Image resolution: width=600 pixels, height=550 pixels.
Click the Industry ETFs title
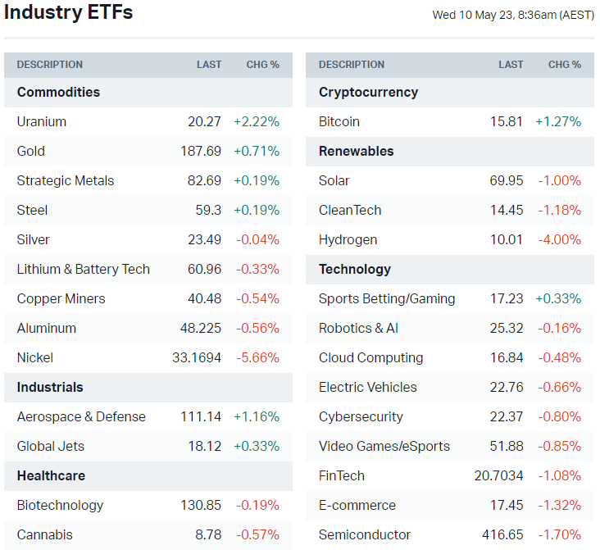(68, 13)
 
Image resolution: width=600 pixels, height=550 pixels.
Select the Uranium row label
(42, 121)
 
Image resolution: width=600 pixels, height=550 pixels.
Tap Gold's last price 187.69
(201, 151)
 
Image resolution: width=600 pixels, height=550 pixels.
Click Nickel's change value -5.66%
(257, 357)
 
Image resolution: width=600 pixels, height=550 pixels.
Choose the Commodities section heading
(58, 92)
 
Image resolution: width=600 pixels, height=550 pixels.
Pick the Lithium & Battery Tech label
(84, 269)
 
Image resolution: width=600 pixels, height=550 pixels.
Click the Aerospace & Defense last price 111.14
(201, 416)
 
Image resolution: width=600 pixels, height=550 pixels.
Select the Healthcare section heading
(51, 475)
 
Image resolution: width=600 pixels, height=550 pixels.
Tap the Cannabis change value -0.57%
(257, 534)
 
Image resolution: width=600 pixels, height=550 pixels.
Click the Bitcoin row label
(339, 121)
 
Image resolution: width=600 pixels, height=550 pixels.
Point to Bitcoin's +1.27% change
(558, 121)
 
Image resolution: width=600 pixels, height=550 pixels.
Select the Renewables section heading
(357, 151)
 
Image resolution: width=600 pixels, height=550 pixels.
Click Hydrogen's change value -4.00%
(560, 239)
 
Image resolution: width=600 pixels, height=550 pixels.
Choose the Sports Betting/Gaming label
(387, 298)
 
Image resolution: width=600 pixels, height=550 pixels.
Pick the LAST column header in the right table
(511, 65)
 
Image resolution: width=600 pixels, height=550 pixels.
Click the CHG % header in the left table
(263, 65)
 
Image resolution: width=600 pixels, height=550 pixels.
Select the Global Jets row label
(51, 446)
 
